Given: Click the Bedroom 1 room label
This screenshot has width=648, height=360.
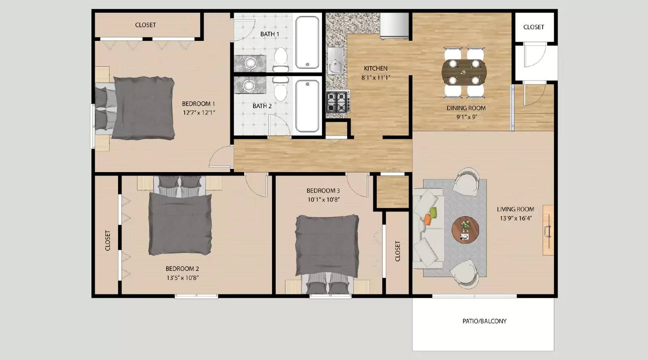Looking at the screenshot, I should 198,104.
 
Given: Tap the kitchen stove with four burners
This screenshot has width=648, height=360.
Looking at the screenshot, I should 338,101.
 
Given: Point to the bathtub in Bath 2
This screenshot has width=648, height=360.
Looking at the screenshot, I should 307,106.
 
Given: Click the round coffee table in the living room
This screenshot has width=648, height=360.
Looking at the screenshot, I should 465,230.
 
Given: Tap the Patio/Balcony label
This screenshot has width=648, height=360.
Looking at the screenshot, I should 484,321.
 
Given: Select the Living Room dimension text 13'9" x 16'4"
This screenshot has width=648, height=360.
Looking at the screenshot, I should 515,218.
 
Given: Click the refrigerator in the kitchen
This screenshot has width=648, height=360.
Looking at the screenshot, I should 394,26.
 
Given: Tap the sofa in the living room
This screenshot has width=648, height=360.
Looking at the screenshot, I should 427,228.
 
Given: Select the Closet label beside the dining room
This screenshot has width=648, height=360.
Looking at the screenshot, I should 533,27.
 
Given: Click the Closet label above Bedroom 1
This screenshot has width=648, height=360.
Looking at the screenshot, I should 145,25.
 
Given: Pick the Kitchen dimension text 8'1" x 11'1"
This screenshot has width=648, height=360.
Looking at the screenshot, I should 375,77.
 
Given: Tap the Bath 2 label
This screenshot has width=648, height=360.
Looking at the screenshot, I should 262,106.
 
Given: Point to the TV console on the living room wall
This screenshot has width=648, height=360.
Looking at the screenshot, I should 548,230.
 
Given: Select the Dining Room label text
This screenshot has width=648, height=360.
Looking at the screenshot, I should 466,108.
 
